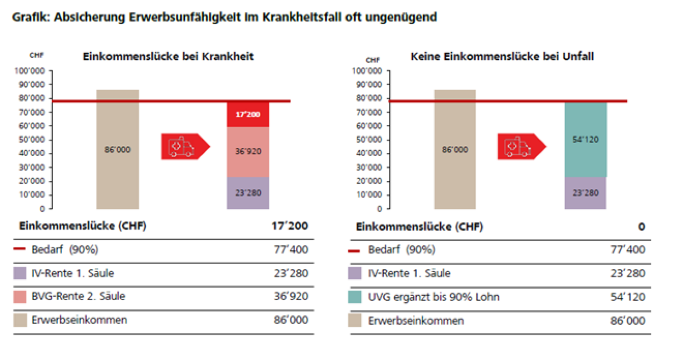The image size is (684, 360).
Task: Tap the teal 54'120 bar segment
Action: point(585,140)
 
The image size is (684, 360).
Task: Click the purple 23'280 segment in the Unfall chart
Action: point(585,193)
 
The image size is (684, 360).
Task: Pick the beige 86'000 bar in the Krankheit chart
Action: point(117,149)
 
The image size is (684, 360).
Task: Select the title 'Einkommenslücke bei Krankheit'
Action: point(168,56)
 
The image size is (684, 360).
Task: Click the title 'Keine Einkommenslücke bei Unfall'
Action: point(502,56)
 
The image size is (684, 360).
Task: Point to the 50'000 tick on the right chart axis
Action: point(369,140)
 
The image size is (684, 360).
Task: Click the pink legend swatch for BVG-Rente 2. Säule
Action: point(19,296)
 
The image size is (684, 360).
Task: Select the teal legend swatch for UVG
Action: point(356,297)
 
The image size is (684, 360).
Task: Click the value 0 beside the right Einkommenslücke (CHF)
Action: point(641,227)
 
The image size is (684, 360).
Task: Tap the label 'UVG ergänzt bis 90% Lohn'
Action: point(434,297)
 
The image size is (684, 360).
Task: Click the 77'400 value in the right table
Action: point(627,249)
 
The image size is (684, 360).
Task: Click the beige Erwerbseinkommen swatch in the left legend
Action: point(19,320)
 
